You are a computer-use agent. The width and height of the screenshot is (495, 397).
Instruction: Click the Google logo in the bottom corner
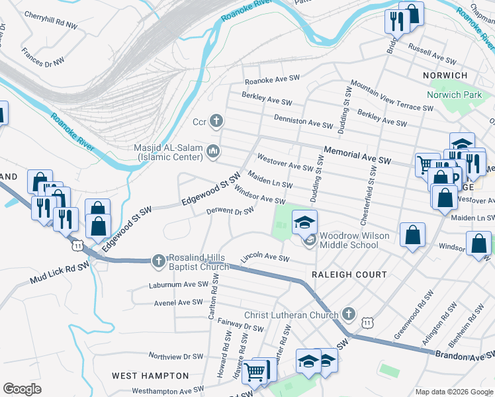[x=22, y=389]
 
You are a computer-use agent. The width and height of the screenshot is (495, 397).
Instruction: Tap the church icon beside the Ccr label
[x=216, y=121]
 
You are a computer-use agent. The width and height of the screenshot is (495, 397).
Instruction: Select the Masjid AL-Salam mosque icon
[x=213, y=152]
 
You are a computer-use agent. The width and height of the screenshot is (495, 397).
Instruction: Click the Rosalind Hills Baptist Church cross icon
[x=158, y=261]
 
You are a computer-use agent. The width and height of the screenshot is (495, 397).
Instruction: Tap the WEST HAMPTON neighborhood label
[x=144, y=375]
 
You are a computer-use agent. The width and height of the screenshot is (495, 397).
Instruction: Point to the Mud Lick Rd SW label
[x=58, y=275]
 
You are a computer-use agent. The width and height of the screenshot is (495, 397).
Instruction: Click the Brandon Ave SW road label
[x=463, y=355]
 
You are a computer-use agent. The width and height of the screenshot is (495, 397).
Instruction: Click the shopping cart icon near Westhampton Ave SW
[x=253, y=372]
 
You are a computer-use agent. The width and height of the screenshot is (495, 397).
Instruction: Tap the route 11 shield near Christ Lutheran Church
[x=366, y=322]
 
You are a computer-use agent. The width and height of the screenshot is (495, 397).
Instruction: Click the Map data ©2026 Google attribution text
[x=454, y=392]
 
